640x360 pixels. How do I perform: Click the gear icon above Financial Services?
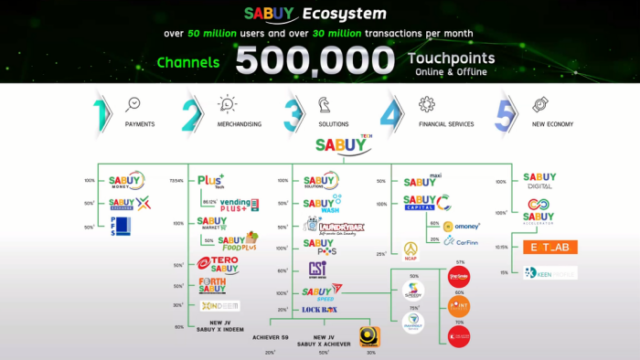(426, 104)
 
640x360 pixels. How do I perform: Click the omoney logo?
(467, 226)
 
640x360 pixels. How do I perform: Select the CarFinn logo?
(468, 241)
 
